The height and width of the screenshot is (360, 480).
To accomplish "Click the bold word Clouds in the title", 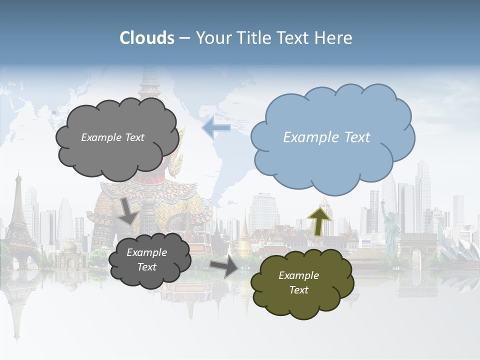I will (147, 38).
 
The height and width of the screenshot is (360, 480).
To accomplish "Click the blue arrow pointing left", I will (216, 127).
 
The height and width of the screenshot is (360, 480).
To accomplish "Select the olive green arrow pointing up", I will (319, 221).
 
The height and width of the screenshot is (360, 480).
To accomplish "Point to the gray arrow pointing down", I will (129, 210).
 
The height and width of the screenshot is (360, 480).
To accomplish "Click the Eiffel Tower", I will (19, 215).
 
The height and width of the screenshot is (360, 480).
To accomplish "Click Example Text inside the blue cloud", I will (326, 137).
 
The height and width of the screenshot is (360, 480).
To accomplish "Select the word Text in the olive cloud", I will (298, 290).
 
